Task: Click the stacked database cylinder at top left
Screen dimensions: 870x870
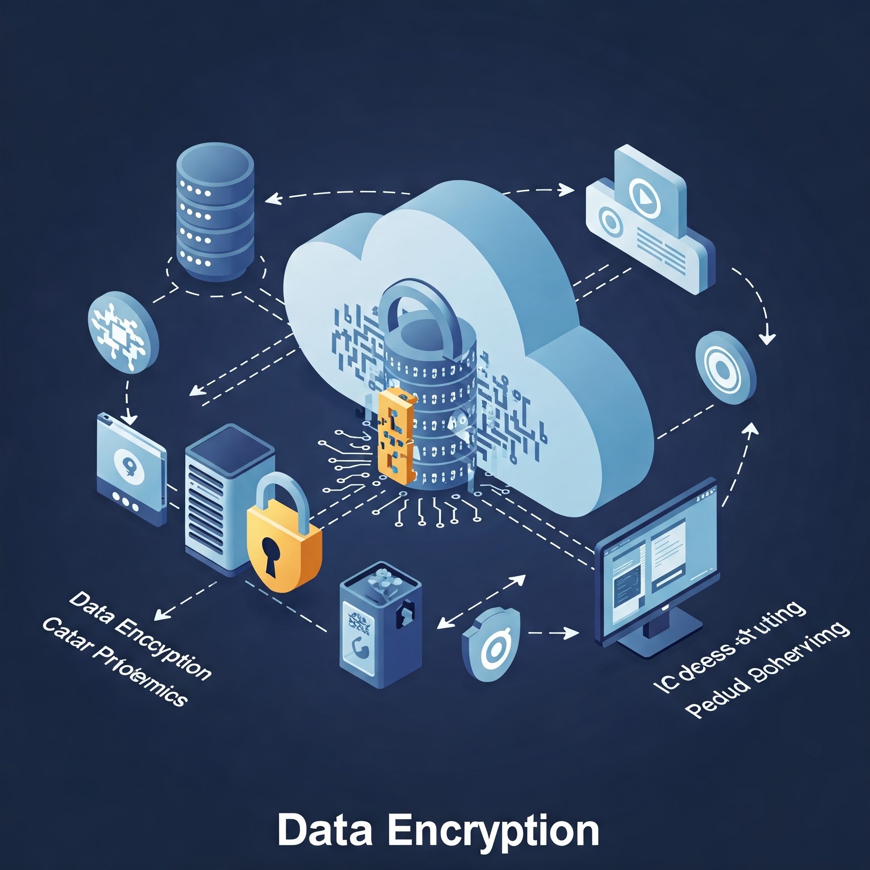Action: pos(215,212)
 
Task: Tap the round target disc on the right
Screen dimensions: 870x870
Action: pos(725,367)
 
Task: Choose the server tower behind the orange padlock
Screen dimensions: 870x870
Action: pos(225,495)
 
